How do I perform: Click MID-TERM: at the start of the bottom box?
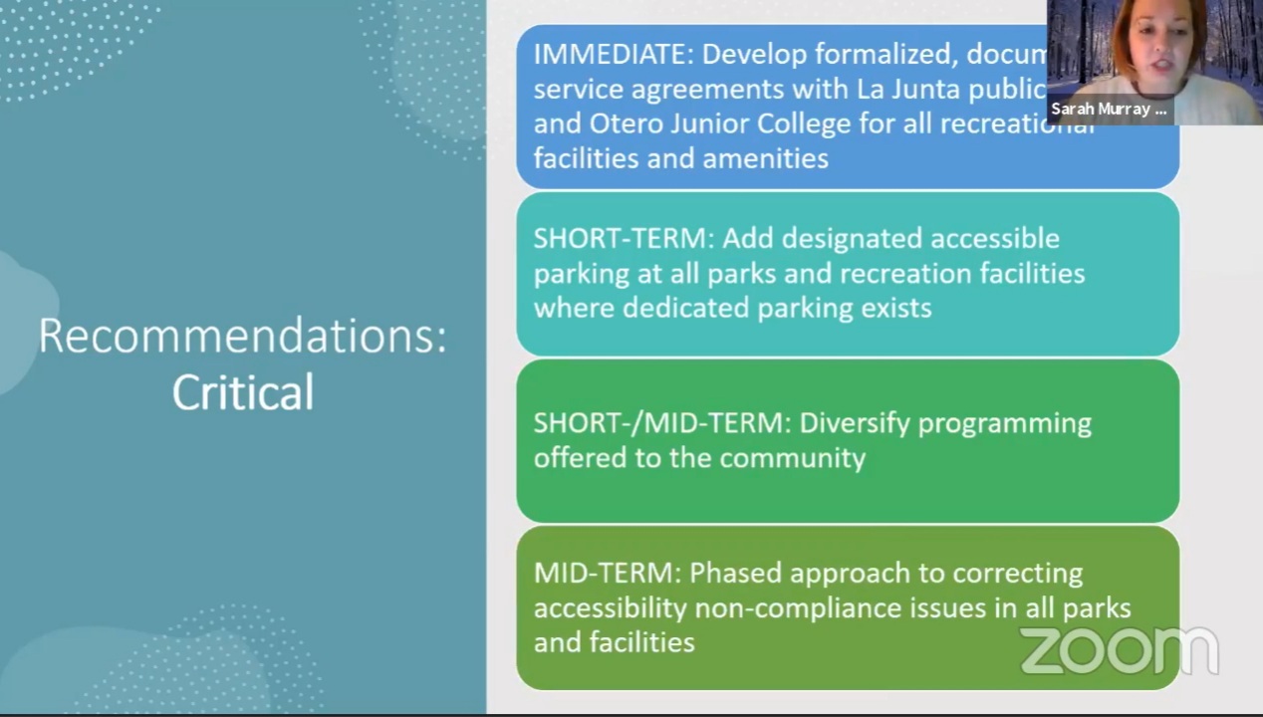tap(607, 574)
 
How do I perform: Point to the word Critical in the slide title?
tap(242, 392)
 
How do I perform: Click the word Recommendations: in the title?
tap(242, 336)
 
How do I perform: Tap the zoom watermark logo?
tap(1118, 650)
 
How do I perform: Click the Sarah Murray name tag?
tap(1108, 110)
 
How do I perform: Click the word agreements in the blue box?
tap(717, 89)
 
